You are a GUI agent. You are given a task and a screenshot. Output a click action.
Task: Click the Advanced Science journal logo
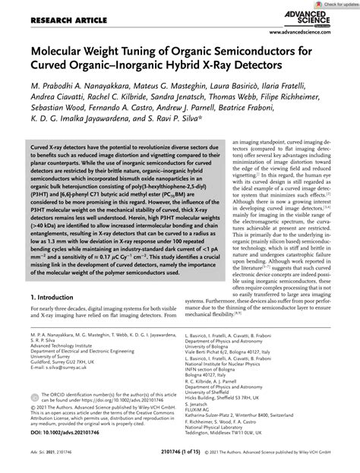[316, 21]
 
